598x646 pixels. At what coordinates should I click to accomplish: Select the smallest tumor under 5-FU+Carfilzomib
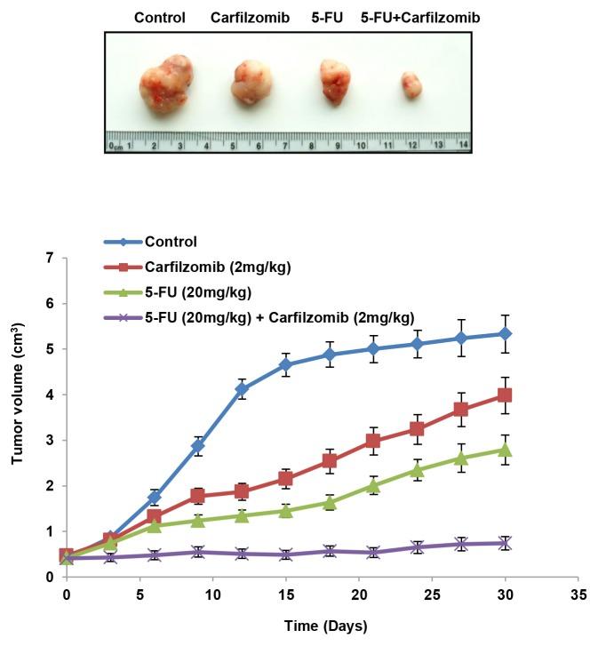(411, 85)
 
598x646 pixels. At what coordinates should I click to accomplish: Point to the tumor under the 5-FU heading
(335, 80)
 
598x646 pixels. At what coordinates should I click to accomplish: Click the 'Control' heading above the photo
(160, 17)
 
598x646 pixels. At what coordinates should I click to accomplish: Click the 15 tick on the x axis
(285, 592)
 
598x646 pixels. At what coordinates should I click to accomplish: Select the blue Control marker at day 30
(505, 333)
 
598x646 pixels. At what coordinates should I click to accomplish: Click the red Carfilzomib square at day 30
(505, 395)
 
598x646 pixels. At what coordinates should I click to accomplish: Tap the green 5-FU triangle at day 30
(505, 450)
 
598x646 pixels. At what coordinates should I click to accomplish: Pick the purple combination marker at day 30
(505, 543)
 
